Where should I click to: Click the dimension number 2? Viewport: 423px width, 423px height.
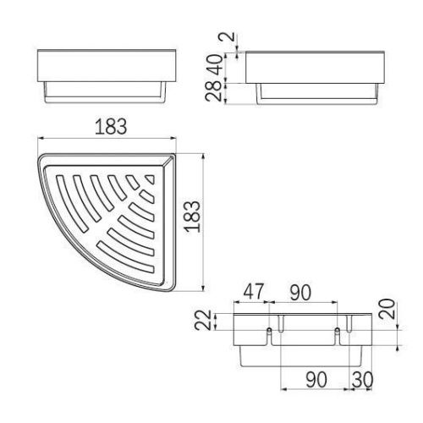click(230, 36)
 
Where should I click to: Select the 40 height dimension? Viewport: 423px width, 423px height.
click(217, 65)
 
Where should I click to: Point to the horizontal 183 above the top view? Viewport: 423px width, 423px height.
click(111, 127)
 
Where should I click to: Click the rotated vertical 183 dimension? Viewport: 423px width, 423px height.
click(192, 217)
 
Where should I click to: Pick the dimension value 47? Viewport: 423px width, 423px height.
click(254, 291)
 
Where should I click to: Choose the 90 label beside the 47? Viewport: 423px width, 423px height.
click(301, 293)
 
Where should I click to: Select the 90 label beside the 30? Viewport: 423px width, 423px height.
click(316, 380)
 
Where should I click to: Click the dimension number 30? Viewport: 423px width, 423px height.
click(363, 380)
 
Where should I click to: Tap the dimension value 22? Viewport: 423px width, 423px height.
click(203, 320)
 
